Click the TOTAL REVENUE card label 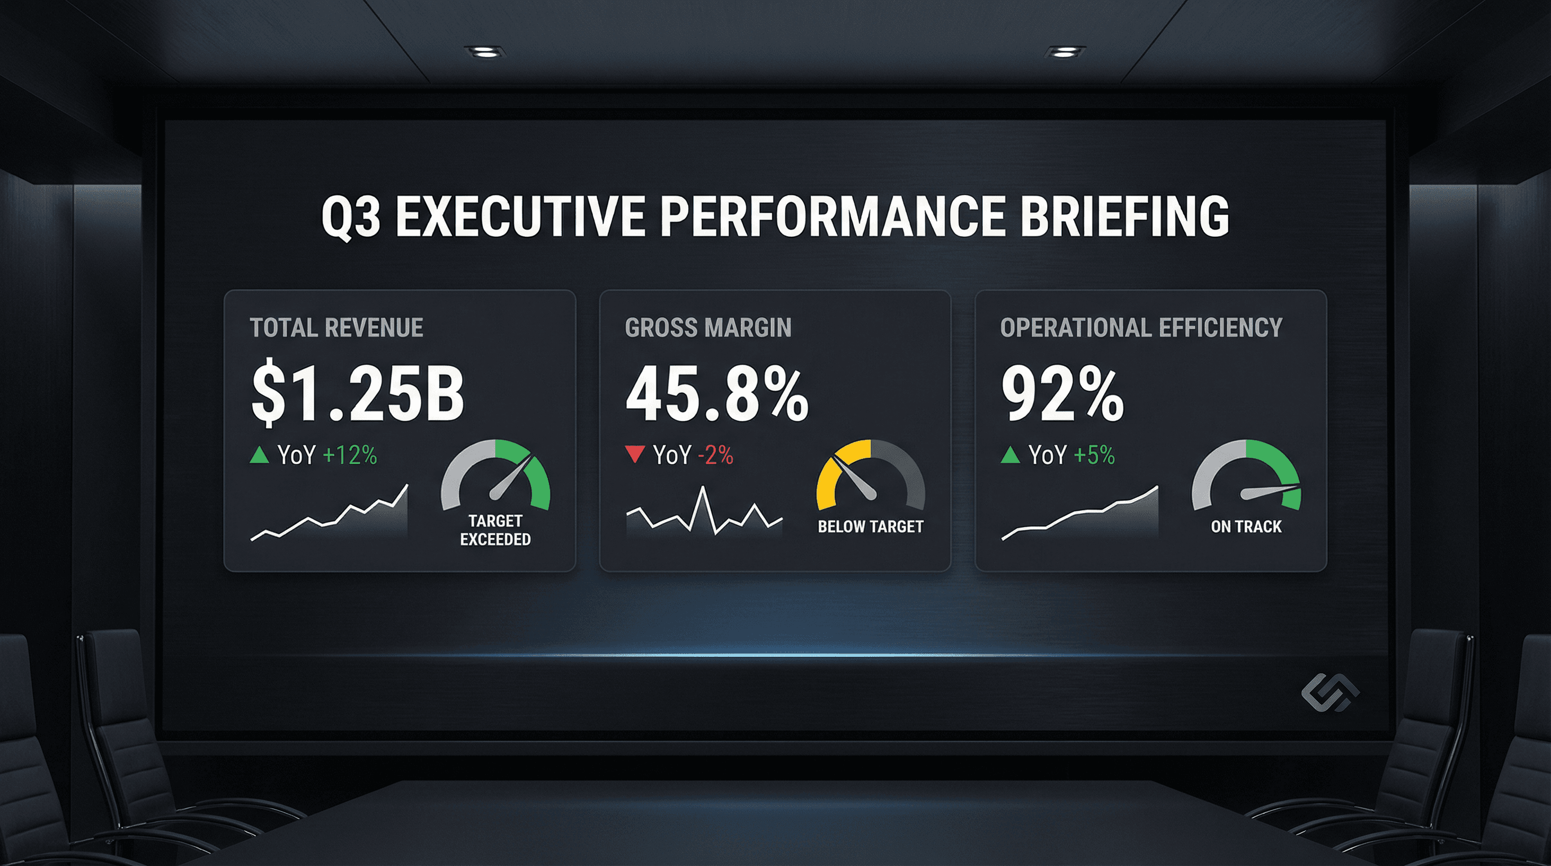click(x=336, y=328)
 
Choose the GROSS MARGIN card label click(x=708, y=328)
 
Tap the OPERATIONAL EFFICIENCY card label click(x=1141, y=328)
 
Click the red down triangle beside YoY click(x=635, y=453)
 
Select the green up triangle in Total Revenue click(x=259, y=454)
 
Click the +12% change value click(x=350, y=456)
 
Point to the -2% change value click(x=715, y=456)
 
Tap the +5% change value click(x=1093, y=456)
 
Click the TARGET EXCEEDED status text click(x=495, y=530)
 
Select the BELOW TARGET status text click(x=870, y=527)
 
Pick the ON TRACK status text click(x=1246, y=527)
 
